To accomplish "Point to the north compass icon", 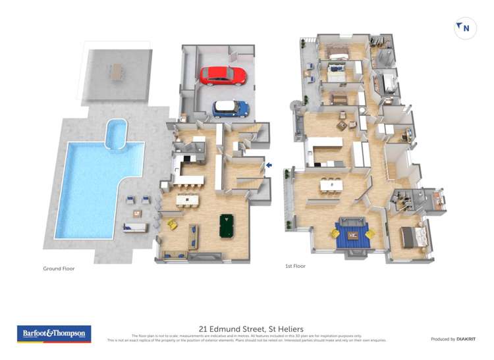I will tap(465, 28).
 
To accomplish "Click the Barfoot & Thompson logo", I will tap(53, 334).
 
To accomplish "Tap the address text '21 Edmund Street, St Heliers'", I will tap(246, 328).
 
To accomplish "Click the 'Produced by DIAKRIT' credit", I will tap(453, 339).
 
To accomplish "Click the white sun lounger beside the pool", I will tap(134, 228).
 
